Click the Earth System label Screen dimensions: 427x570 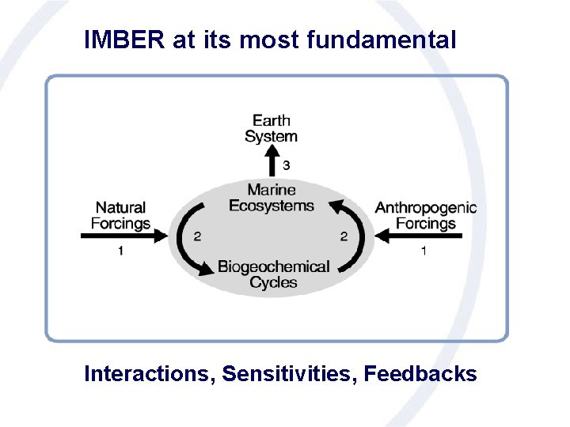coord(272,128)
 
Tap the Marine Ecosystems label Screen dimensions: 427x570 coord(272,198)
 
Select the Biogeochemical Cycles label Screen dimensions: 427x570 coord(274,274)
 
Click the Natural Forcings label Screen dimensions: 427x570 coord(120,215)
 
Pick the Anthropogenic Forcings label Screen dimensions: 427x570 coord(426,215)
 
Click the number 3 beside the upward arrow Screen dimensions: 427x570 coord(286,165)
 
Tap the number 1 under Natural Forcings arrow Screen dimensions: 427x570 coord(120,251)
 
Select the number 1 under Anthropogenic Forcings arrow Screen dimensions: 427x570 coord(424,251)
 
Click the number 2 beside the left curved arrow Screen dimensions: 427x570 coord(197,236)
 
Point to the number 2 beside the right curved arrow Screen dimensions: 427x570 coord(344,236)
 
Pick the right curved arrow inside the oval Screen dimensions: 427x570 coord(354,229)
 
